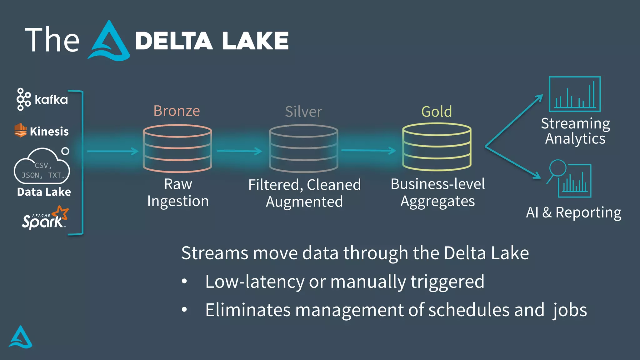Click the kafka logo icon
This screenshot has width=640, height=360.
tap(23, 99)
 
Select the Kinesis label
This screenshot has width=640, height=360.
tap(49, 132)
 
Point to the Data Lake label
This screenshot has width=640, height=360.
tap(44, 192)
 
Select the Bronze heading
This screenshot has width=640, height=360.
tap(177, 111)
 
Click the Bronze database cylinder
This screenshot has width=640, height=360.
tap(177, 148)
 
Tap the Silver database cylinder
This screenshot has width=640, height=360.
tap(303, 148)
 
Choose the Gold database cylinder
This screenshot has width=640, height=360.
tap(437, 147)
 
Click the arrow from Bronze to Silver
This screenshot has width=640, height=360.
tap(239, 151)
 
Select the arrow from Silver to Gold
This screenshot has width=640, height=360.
tap(369, 151)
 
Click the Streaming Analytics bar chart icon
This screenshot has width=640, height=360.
tap(575, 94)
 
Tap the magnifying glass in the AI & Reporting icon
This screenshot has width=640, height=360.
tap(558, 168)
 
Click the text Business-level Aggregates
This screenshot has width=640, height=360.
tap(437, 192)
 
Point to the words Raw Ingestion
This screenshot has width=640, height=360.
tap(178, 192)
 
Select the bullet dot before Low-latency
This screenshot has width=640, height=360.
tap(184, 282)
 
